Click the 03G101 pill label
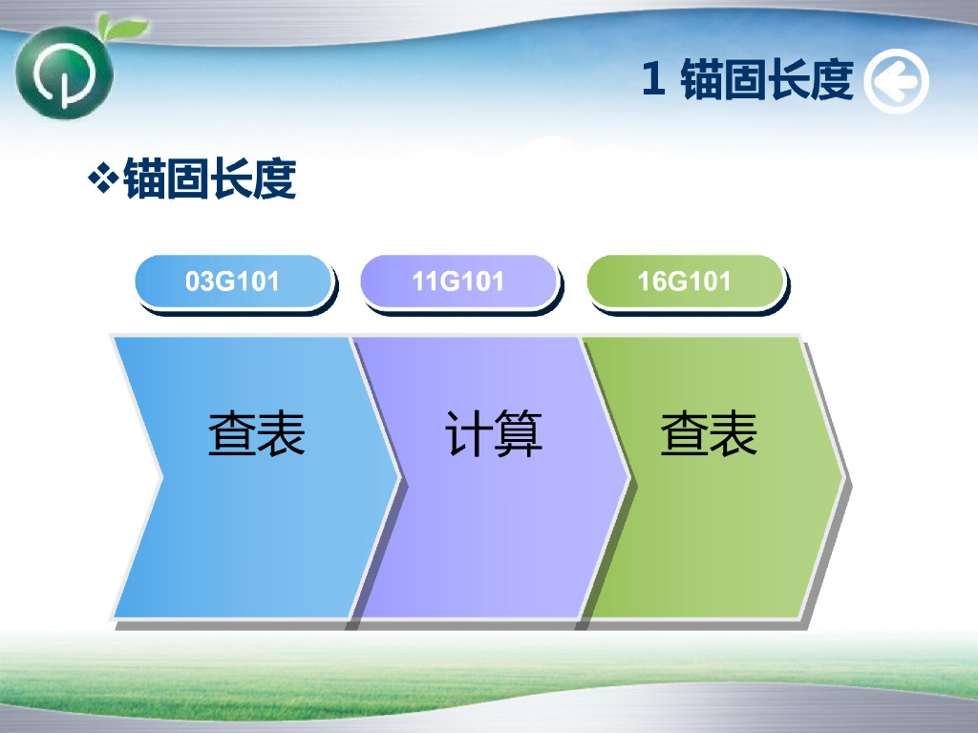point(233,282)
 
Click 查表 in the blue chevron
point(256,434)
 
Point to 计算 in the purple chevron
point(494,434)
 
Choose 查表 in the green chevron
point(709,434)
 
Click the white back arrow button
point(896,81)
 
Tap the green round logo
point(64,73)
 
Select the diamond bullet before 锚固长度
point(103,178)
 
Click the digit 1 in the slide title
point(653,79)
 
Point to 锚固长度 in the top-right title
point(767,79)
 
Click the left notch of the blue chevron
point(162,478)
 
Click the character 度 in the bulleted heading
point(275,178)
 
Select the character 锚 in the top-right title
point(701,79)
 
